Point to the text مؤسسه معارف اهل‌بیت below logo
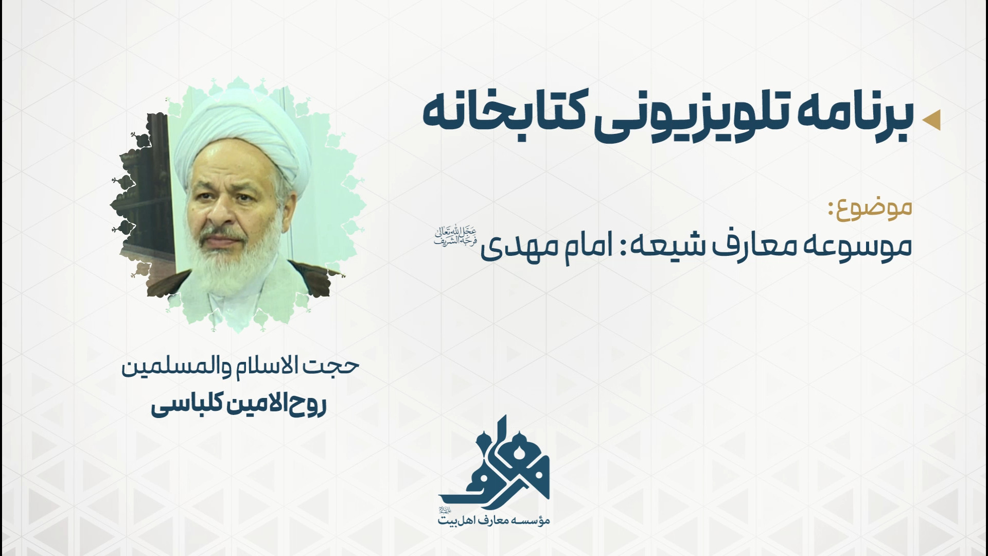click(494, 519)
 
